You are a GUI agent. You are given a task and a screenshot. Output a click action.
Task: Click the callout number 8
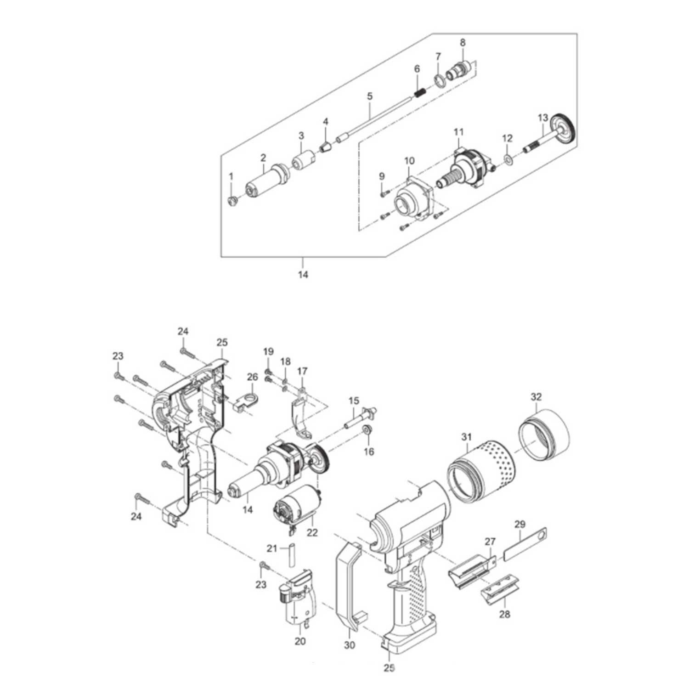click(463, 42)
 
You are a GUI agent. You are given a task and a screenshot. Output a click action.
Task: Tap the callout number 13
click(543, 118)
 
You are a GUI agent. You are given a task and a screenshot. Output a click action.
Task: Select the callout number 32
click(536, 397)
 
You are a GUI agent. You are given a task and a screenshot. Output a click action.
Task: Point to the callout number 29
click(520, 524)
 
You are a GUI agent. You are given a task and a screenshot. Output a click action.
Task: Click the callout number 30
click(350, 645)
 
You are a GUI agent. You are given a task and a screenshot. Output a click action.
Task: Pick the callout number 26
click(253, 377)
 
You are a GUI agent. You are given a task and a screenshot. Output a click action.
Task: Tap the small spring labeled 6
click(418, 93)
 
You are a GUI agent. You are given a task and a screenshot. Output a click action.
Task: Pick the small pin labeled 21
click(290, 557)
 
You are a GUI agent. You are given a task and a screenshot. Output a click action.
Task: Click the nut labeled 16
click(367, 430)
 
